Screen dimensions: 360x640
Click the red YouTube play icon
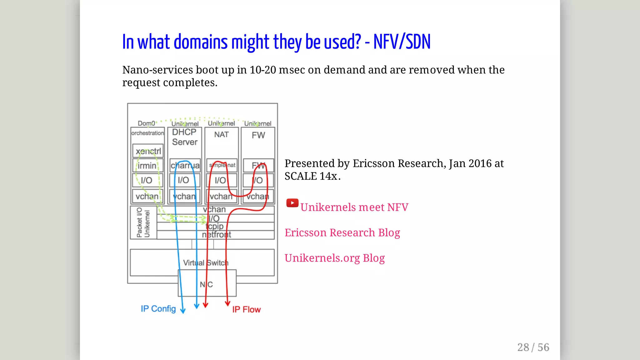(292, 203)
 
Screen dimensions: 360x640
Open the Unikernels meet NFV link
(354, 207)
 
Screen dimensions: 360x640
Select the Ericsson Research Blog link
(342, 232)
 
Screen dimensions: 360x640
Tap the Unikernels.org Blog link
(334, 258)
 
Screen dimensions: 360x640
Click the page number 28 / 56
(533, 347)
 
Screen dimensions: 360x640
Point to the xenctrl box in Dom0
(148, 151)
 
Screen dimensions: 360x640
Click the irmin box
(147, 166)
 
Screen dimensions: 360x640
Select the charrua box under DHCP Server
(185, 165)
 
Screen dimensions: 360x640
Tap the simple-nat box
(222, 165)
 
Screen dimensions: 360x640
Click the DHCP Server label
(185, 137)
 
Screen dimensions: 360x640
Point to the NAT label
(221, 135)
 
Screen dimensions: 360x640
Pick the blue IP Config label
(158, 309)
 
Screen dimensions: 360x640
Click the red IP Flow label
(246, 309)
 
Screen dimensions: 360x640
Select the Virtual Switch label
(206, 263)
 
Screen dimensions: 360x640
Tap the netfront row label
(216, 235)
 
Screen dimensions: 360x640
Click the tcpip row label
(215, 226)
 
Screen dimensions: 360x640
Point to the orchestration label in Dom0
(147, 133)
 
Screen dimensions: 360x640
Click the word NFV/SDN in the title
(402, 42)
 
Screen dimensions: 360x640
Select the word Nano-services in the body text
(158, 70)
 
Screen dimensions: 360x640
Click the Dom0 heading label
(146, 123)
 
